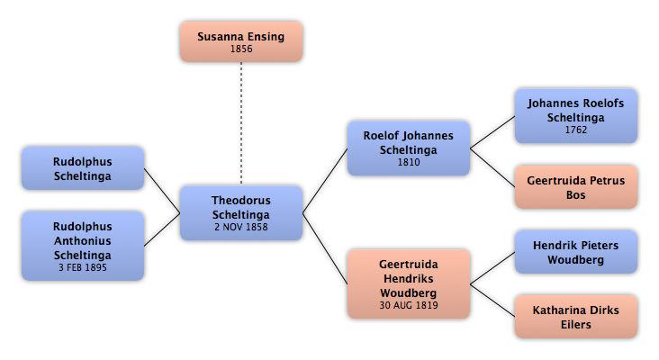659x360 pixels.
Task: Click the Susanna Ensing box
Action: click(x=241, y=42)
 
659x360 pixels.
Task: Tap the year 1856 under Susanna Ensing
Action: click(x=241, y=49)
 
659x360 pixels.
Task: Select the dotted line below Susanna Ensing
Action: click(x=241, y=123)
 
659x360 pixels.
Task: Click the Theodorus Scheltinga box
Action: click(x=241, y=213)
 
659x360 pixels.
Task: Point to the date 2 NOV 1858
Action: click(x=241, y=227)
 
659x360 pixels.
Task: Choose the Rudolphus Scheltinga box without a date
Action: click(x=83, y=168)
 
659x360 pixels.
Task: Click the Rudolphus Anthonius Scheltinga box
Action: click(x=83, y=246)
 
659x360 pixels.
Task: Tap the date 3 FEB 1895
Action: click(x=83, y=267)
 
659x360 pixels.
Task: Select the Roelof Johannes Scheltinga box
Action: click(x=409, y=148)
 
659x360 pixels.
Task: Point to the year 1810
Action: click(x=409, y=162)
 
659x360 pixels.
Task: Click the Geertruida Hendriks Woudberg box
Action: click(x=409, y=284)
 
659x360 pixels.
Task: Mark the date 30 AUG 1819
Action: click(x=409, y=305)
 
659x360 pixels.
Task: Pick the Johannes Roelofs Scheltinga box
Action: click(x=576, y=116)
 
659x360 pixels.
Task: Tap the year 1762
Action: click(x=576, y=130)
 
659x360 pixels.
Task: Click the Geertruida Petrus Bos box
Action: click(x=576, y=187)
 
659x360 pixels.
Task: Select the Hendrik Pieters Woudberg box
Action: click(x=576, y=252)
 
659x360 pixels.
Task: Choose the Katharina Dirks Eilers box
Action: click(x=576, y=317)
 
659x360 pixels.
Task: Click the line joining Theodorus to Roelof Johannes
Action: click(x=325, y=181)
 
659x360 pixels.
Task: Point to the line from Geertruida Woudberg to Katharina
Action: click(x=492, y=301)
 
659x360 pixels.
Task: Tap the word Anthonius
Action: click(x=83, y=240)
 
